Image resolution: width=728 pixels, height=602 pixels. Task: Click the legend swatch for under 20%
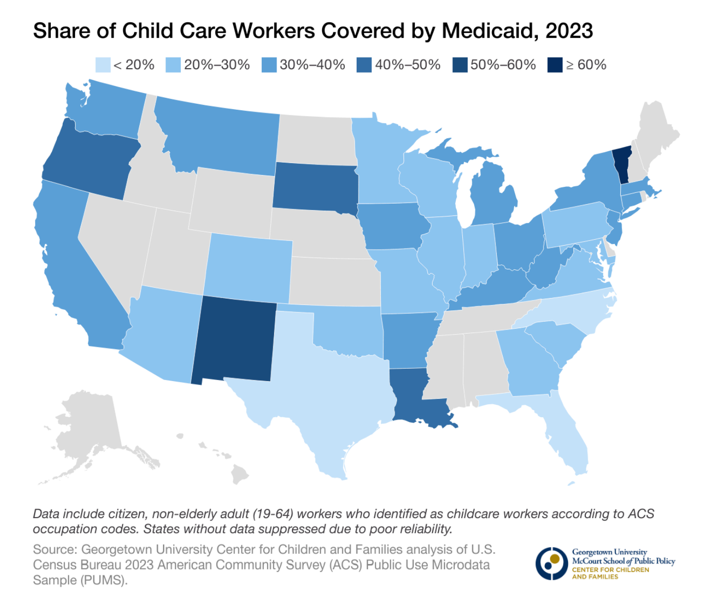click(103, 65)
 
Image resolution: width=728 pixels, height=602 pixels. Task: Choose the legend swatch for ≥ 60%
click(555, 65)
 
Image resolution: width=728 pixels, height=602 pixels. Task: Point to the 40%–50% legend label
click(407, 65)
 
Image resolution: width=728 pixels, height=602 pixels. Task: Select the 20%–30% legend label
click(217, 65)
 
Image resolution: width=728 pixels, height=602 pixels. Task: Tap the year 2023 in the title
click(569, 31)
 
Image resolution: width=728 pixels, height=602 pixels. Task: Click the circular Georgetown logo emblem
click(551, 563)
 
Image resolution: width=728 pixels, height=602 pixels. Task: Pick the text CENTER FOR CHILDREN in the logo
click(610, 570)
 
